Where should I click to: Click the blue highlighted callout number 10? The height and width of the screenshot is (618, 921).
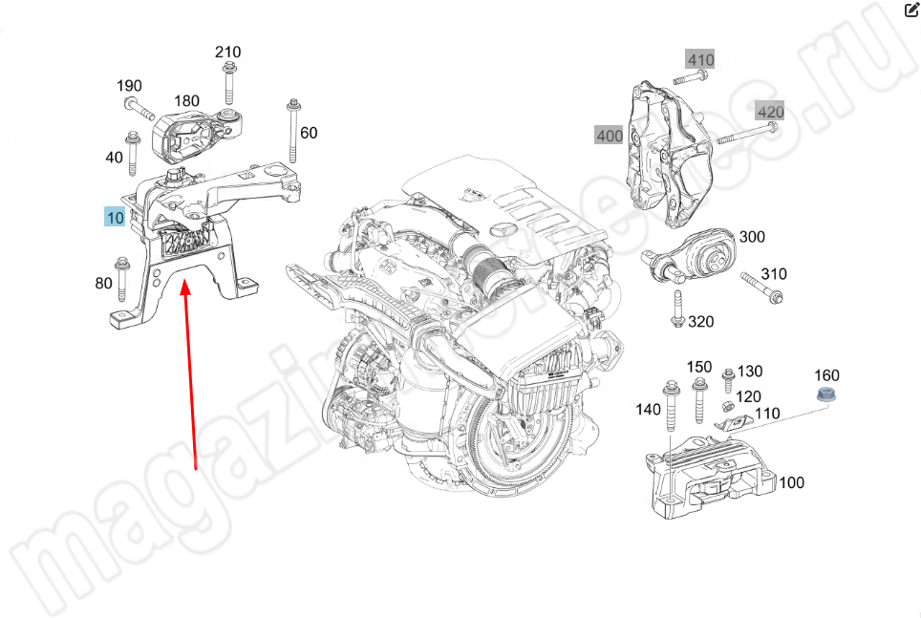[115, 217]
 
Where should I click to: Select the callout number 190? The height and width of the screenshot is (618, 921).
[130, 86]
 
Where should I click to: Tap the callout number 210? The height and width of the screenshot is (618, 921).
[227, 52]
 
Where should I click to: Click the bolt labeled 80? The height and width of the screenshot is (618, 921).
[121, 274]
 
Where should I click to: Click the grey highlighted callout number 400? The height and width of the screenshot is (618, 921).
[610, 136]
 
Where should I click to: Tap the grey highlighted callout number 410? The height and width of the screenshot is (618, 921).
[700, 60]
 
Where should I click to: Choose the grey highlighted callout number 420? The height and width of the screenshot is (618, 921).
[770, 112]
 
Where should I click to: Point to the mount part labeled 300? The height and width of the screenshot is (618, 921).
[696, 259]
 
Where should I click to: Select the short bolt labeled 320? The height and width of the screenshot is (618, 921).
[677, 310]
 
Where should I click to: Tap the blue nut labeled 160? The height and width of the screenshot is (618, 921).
[826, 395]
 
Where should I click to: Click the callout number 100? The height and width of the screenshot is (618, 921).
[791, 482]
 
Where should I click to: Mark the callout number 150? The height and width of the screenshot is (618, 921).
[699, 367]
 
